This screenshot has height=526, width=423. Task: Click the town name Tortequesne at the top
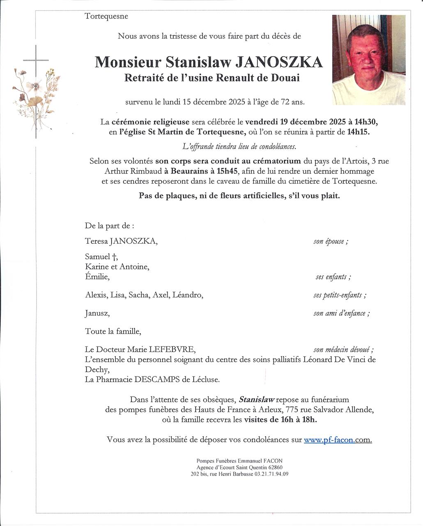(x=106, y=16)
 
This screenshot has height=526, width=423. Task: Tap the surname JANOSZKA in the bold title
(x=279, y=62)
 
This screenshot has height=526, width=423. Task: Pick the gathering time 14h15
(x=358, y=132)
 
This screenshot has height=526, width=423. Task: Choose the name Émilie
(x=97, y=277)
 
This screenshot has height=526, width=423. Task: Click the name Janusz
(x=97, y=314)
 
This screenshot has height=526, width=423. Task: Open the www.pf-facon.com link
(x=338, y=440)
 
